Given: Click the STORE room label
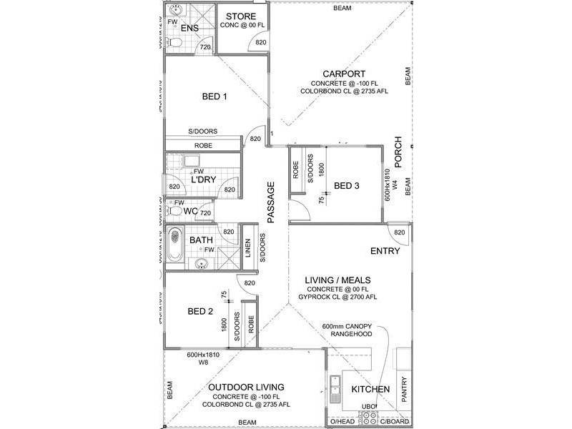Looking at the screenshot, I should [241, 16].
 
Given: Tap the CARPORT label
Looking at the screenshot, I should [344, 74].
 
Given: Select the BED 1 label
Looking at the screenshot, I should [214, 97].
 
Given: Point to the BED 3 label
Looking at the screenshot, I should [347, 186].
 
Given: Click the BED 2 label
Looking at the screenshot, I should [200, 311].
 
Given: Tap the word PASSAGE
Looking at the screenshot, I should [271, 203].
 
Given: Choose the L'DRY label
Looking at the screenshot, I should [203, 180].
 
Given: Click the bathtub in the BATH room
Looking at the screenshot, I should [176, 245].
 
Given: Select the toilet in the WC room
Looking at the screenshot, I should [174, 212].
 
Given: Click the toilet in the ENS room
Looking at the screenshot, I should [174, 43].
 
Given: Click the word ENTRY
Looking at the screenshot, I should [385, 252].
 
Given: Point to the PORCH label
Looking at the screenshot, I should [398, 152].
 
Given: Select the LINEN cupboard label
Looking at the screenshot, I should [248, 249].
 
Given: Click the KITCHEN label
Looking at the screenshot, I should [370, 390].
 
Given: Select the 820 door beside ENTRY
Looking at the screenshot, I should [399, 232].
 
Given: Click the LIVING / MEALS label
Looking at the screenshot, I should [338, 280].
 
